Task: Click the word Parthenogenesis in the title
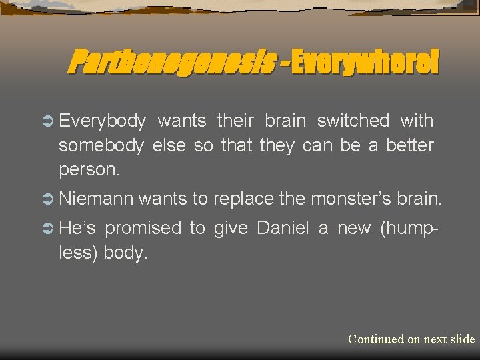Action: (x=171, y=62)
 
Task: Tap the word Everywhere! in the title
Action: (x=364, y=62)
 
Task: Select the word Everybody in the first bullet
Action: (x=102, y=121)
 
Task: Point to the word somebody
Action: (x=101, y=145)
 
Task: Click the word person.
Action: (x=89, y=169)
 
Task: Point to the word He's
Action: (x=77, y=228)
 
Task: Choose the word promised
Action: (x=143, y=228)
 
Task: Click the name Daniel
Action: (x=283, y=228)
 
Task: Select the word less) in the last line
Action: (x=79, y=253)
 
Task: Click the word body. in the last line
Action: (x=125, y=253)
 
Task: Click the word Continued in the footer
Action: (x=375, y=339)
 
